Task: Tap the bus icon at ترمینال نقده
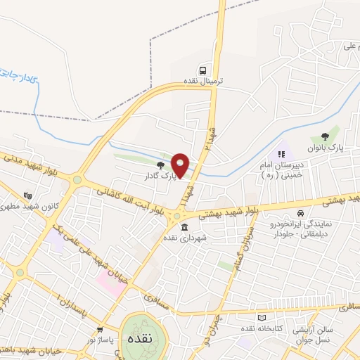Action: [x=202, y=70]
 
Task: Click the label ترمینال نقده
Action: [x=203, y=81]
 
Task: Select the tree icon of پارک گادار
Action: [x=161, y=165]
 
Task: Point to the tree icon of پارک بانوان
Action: [x=324, y=137]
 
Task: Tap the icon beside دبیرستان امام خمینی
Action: [x=282, y=153]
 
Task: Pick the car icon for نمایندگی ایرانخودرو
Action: [x=300, y=213]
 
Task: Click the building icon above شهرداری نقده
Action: [x=185, y=227]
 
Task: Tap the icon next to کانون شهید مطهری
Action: [x=27, y=195]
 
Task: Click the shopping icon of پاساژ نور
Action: [x=99, y=328]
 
